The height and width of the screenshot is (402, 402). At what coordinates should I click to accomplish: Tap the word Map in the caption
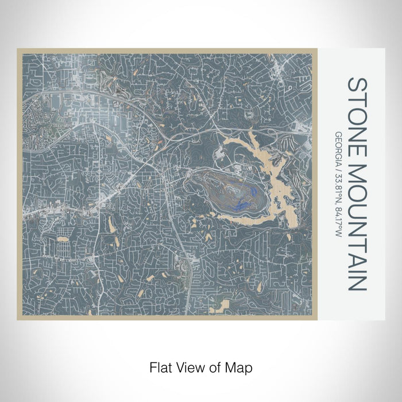(241, 366)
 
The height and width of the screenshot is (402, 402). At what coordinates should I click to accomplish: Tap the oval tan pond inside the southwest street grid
(63, 236)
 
